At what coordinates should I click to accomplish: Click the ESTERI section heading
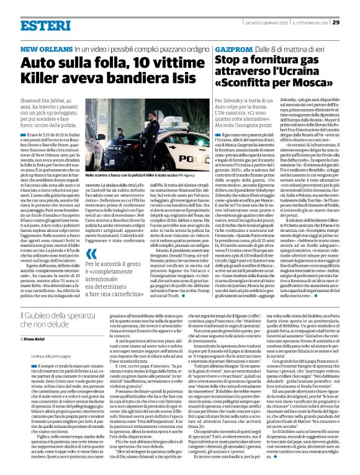pos(45,25)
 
